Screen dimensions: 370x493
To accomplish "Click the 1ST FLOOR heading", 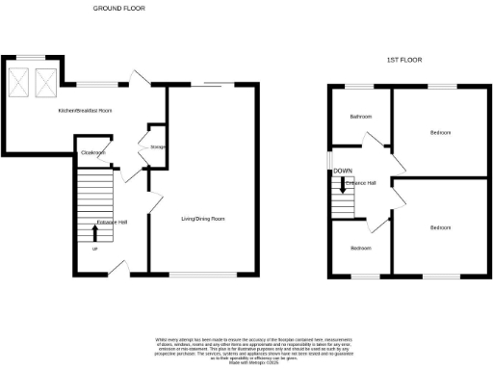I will tap(404, 60).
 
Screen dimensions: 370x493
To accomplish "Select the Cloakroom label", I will tap(93, 153).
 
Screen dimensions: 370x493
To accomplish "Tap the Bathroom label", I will tap(361, 116).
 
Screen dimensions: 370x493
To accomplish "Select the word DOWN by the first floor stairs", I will tap(342, 172).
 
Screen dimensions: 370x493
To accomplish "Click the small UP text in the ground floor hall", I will tap(94, 249).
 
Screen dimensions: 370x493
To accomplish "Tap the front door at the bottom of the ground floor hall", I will tap(121, 267).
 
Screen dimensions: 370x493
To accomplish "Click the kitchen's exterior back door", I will tap(139, 81).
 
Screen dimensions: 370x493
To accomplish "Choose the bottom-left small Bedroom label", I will tap(360, 249).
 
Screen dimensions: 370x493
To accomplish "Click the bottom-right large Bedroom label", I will tap(440, 227).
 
